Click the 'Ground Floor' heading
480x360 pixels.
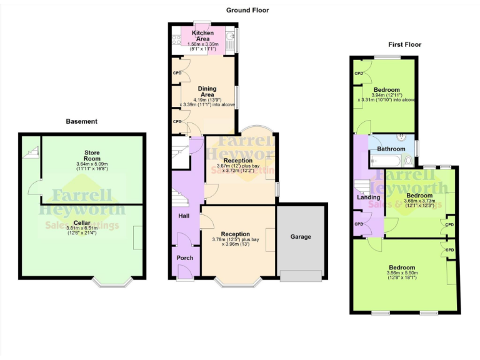pyautogui.click(x=247, y=10)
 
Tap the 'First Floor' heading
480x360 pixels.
pyautogui.click(x=404, y=44)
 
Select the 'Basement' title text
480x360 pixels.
pyautogui.click(x=82, y=121)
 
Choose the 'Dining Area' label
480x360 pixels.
pyautogui.click(x=206, y=92)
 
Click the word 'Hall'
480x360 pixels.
pyautogui.click(x=184, y=216)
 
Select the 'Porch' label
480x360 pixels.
pyautogui.click(x=184, y=257)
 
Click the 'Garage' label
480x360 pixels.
pyautogui.click(x=300, y=237)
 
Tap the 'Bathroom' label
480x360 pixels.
pyautogui.click(x=391, y=149)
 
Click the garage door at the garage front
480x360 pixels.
pyautogui.click(x=301, y=275)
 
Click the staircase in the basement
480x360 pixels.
pyautogui.click(x=32, y=150)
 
